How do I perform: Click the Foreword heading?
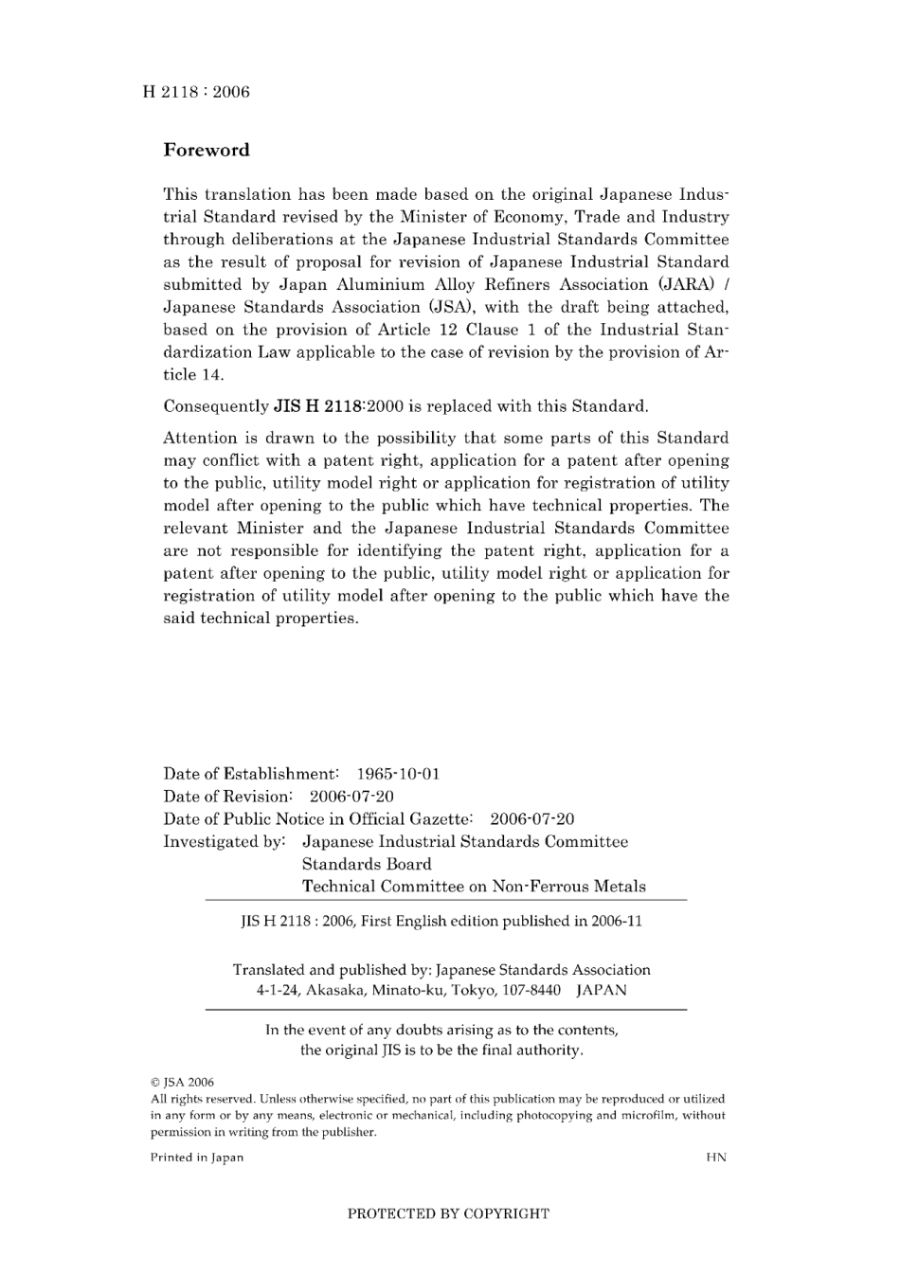pyautogui.click(x=207, y=150)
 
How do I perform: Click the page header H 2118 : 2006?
pyautogui.click(x=196, y=92)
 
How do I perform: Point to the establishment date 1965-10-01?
pyautogui.click(x=398, y=774)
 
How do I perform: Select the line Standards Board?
pyautogui.click(x=367, y=864)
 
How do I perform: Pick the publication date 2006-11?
pyautogui.click(x=617, y=921)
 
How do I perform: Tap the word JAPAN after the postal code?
pyautogui.click(x=602, y=990)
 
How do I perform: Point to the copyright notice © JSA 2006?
pyautogui.click(x=183, y=1082)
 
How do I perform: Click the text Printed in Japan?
pyautogui.click(x=197, y=1157)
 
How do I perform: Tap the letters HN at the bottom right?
pyautogui.click(x=716, y=1157)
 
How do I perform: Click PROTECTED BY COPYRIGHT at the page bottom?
pyautogui.click(x=448, y=1213)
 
